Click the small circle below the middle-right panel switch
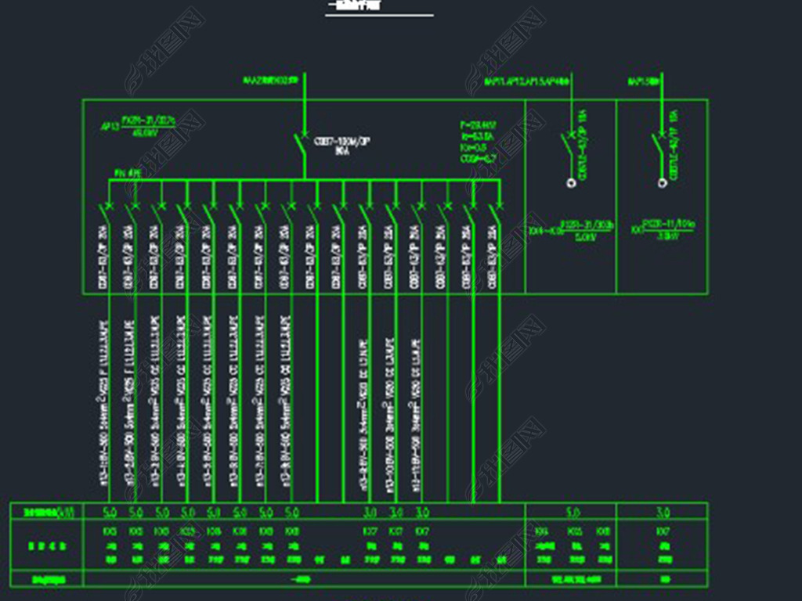571,183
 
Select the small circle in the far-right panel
662,183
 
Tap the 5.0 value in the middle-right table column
573,513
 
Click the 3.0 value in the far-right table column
663,513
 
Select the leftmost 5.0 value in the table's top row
110,513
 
